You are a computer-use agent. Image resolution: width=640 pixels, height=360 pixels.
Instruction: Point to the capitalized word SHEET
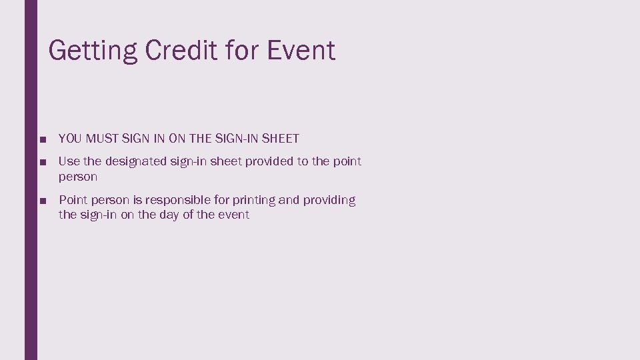(281, 139)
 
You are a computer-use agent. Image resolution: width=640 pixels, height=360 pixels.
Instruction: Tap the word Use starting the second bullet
(69, 161)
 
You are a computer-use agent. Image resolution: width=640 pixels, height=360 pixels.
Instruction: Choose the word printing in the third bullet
(257, 200)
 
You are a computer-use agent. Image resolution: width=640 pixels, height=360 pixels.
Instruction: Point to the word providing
(331, 200)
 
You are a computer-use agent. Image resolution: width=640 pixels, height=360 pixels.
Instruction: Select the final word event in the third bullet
(233, 215)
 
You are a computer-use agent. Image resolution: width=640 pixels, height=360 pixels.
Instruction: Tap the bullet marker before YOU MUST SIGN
(42, 139)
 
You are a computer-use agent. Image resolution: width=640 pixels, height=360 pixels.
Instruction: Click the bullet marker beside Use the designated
(42, 162)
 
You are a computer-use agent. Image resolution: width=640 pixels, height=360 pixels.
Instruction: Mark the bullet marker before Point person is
(42, 201)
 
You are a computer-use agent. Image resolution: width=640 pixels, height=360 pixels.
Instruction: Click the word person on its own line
(78, 177)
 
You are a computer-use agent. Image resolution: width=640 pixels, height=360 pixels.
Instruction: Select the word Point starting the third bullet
(73, 200)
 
